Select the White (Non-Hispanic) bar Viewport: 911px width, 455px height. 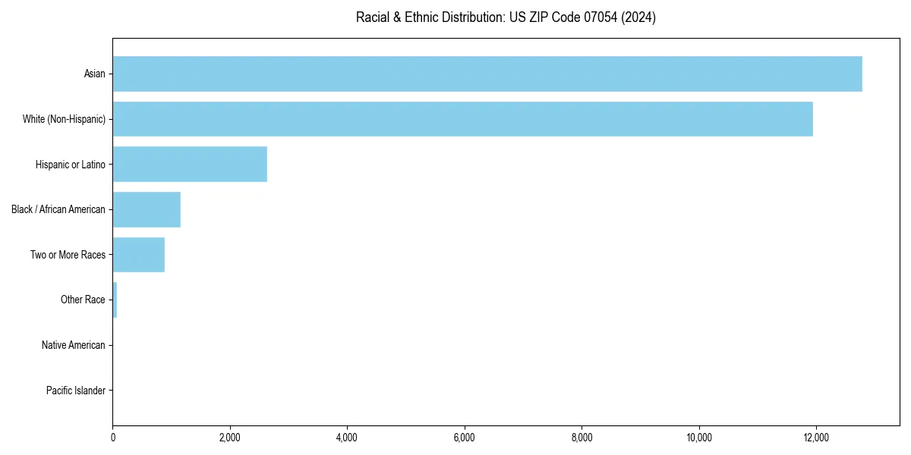point(463,119)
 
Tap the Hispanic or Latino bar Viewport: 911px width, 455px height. point(190,165)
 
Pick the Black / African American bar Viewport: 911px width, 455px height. point(147,209)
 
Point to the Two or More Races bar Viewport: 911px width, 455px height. point(139,255)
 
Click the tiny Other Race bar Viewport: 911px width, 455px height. point(115,300)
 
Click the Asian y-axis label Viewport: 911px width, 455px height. point(95,74)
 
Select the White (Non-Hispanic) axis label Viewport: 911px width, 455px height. point(65,119)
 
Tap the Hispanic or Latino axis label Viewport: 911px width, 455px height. point(71,165)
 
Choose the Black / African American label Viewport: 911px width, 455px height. point(58,209)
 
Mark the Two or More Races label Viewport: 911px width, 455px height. point(68,255)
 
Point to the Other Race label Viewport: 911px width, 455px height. point(83,300)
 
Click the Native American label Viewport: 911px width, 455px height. point(74,345)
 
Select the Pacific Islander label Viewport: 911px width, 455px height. point(76,391)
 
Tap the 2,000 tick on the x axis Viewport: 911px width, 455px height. point(229,438)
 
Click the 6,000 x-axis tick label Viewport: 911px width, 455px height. point(464,438)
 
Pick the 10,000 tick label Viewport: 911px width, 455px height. point(698,438)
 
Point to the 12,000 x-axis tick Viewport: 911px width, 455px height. point(816,438)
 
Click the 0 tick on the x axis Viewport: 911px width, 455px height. point(113,438)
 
